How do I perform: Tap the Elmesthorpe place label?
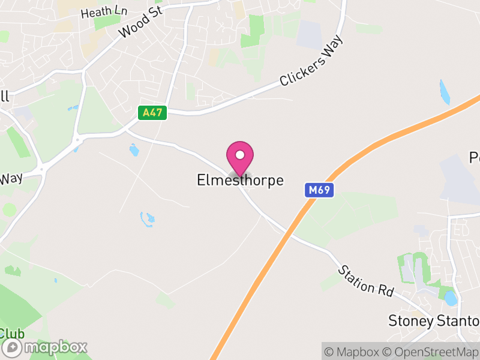point(240,180)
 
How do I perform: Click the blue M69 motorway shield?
point(319,190)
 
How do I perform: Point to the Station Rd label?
point(365,280)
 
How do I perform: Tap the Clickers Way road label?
point(312,62)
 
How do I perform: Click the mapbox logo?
point(46,347)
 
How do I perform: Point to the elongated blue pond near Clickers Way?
point(444,92)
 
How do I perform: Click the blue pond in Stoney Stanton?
point(450,298)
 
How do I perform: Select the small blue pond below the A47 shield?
point(133,149)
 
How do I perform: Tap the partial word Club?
point(12,333)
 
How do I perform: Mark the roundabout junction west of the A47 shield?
point(76,143)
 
